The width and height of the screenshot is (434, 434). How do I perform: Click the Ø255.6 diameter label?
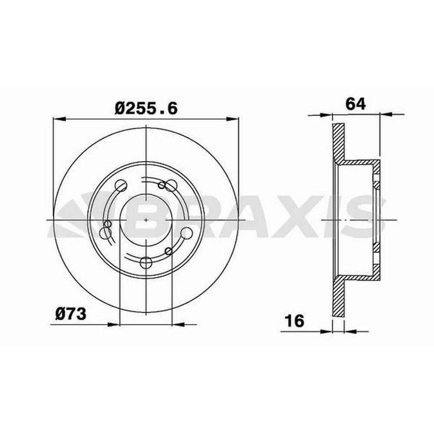146,108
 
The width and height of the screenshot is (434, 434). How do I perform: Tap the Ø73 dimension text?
71,314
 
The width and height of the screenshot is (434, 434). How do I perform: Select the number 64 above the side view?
356,104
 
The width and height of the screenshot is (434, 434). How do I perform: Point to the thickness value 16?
295,321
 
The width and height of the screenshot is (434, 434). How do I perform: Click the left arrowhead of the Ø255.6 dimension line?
59,119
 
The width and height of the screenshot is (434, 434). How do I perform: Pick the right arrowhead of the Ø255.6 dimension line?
233,119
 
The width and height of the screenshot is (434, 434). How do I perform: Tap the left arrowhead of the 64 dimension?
326,115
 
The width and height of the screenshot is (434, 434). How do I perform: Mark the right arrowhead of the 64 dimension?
386,114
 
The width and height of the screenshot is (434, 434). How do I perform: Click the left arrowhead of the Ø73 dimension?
113,324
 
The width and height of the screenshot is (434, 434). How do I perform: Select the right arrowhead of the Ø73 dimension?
178,324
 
